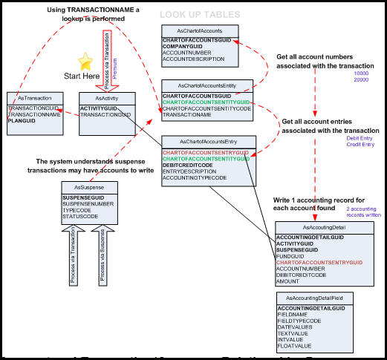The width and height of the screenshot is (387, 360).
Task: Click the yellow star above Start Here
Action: click(x=85, y=61)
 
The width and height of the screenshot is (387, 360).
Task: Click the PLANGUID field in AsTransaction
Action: click(x=22, y=121)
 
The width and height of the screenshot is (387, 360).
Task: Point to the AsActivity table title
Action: click(x=107, y=97)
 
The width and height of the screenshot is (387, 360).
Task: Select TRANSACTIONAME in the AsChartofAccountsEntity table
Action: click(x=189, y=115)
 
